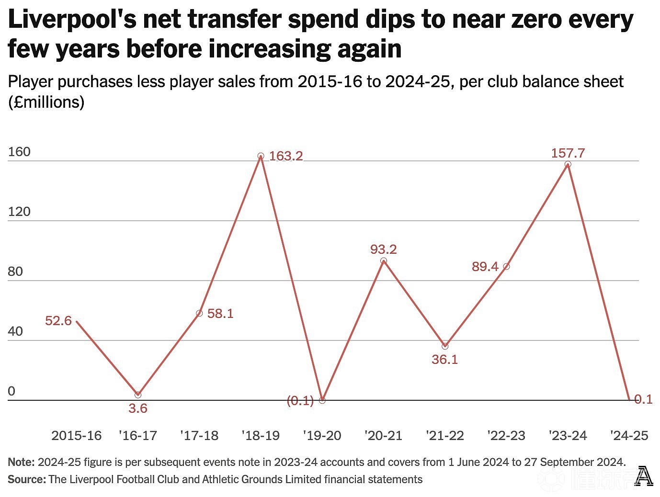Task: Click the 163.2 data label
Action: coord(285,156)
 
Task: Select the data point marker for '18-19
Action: coord(261,156)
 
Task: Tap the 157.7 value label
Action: coord(568,153)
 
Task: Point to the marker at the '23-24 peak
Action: coord(568,164)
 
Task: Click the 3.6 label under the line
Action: coord(138,408)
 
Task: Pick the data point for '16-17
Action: coord(138,395)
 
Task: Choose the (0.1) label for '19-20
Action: coord(300,401)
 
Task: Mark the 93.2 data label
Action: coord(383,249)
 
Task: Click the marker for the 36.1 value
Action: coord(445,346)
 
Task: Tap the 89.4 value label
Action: coord(485,267)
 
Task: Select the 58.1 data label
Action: coord(220,314)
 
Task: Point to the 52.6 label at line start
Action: coord(58,321)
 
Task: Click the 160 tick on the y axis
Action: coord(19,152)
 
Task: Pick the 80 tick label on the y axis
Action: coord(15,271)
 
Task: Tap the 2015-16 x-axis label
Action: coord(76,436)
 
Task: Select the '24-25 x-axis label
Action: coord(629,436)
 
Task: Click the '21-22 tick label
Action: coord(445,436)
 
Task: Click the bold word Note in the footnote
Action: coord(22,462)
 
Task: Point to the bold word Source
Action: coord(27,479)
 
